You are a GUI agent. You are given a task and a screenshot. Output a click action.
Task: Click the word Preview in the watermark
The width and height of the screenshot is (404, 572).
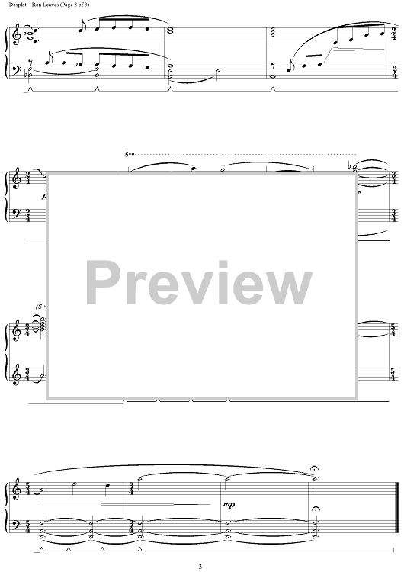tap(199, 283)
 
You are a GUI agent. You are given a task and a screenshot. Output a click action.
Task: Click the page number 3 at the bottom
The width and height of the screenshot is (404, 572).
tap(200, 567)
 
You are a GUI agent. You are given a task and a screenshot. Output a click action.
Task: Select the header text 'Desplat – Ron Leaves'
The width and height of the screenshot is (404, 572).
tap(31, 5)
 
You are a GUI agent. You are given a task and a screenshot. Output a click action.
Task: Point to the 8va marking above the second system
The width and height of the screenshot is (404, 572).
tap(130, 154)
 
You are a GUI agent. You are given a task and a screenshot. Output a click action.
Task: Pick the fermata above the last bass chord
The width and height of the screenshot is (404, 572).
tap(316, 509)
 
